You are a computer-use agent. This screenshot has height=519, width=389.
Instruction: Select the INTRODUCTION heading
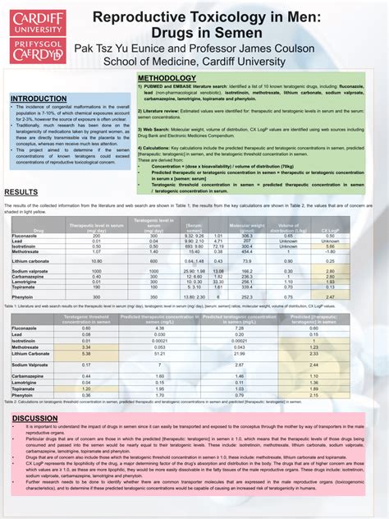(39, 99)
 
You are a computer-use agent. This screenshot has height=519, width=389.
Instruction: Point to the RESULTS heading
(21, 191)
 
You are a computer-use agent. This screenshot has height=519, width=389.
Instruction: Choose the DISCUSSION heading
(34, 419)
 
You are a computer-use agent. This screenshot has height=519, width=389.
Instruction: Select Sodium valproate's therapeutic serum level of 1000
(96, 270)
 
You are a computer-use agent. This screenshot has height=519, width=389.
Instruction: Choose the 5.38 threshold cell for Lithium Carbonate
(86, 353)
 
